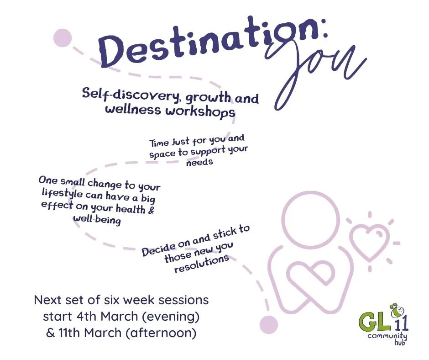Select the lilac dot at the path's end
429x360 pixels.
coord(268,325)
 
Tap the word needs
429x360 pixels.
coord(199,162)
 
